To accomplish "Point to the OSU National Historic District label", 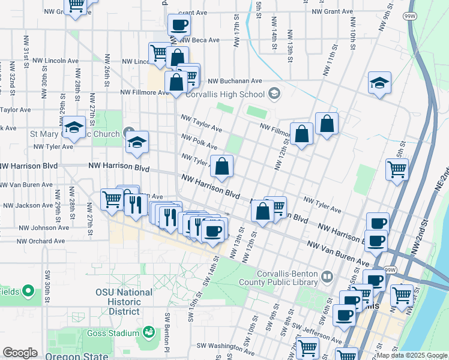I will [124, 302].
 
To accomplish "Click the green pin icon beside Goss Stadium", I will [149, 331].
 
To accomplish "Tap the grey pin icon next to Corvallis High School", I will [274, 93].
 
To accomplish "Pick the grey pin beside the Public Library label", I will [327, 277].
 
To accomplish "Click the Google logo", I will [20, 353].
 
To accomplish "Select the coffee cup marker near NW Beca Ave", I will [179, 26].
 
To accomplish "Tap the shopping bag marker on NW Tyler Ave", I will [221, 167].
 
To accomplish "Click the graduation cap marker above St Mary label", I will [74, 128].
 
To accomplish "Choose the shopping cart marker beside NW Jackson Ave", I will [112, 199].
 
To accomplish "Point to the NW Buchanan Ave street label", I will [235, 81].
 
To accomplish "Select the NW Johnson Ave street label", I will [44, 228].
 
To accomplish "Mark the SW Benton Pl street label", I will [167, 329].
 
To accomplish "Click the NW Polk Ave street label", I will [200, 142].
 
